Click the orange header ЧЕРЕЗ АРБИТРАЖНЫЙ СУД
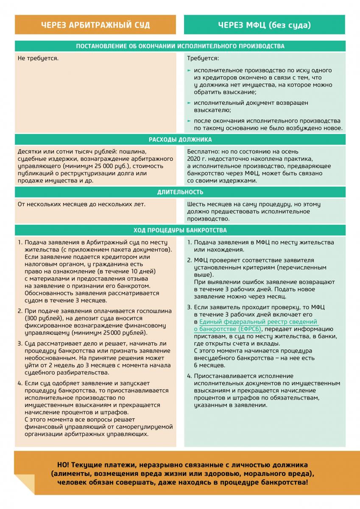[x=95, y=25]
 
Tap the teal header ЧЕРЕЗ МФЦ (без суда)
[x=265, y=25]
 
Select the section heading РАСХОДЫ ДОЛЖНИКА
[x=180, y=140]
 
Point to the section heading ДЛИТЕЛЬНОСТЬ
[x=180, y=192]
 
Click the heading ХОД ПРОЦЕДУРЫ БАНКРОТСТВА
[x=180, y=230]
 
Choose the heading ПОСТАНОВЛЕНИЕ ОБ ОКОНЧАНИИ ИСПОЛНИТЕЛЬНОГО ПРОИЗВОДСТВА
[x=180, y=46]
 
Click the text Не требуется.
[x=38, y=58]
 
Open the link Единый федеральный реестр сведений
[x=256, y=322]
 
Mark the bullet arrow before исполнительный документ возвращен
[x=189, y=103]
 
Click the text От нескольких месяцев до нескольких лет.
[x=81, y=204]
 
